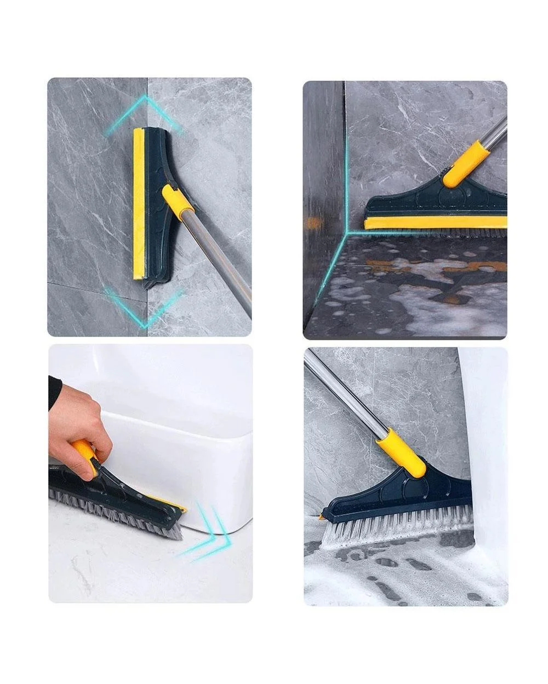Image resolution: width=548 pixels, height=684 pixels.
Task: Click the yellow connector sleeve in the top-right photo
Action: (x=465, y=164)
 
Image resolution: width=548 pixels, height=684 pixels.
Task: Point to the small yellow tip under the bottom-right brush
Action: (x=321, y=516)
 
